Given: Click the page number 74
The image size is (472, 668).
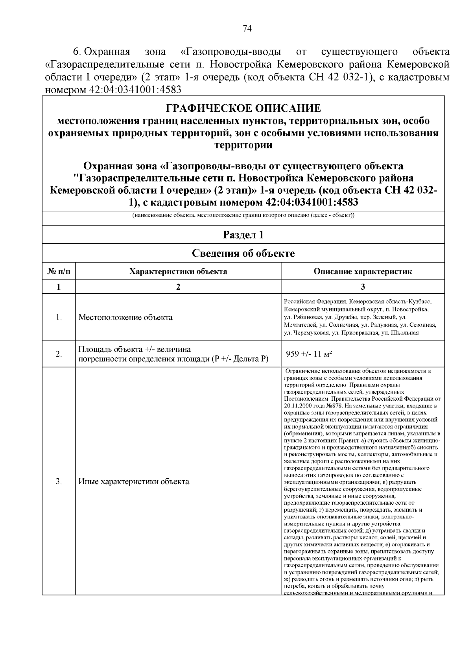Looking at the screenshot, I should click(247, 29).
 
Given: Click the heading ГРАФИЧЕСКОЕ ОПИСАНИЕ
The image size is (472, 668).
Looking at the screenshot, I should click(243, 108).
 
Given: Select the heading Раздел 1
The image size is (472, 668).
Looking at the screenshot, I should click(243, 235).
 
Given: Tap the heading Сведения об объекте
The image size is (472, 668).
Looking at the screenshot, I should click(243, 253).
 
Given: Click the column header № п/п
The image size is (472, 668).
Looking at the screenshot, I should click(59, 271).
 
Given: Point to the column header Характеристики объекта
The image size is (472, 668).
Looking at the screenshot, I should click(178, 271).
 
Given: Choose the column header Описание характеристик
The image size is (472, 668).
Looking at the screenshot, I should click(363, 271).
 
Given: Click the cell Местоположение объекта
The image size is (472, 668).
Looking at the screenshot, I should click(125, 317).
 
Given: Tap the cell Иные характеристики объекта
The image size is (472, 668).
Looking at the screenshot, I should click(134, 481).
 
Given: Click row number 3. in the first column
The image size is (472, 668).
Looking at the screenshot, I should click(59, 481).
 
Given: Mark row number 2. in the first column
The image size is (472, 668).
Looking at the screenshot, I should click(59, 354).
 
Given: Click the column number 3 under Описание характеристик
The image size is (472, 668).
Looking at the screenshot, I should click(363, 287).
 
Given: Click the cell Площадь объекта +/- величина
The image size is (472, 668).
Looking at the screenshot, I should click(135, 349).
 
